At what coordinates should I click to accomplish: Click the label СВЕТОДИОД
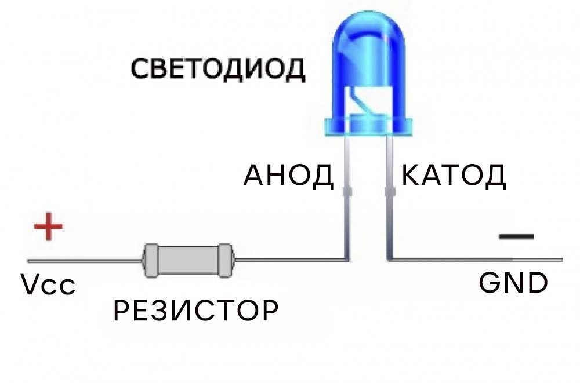point(217,69)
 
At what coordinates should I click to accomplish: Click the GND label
point(513,283)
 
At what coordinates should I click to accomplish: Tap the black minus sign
point(516,236)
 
